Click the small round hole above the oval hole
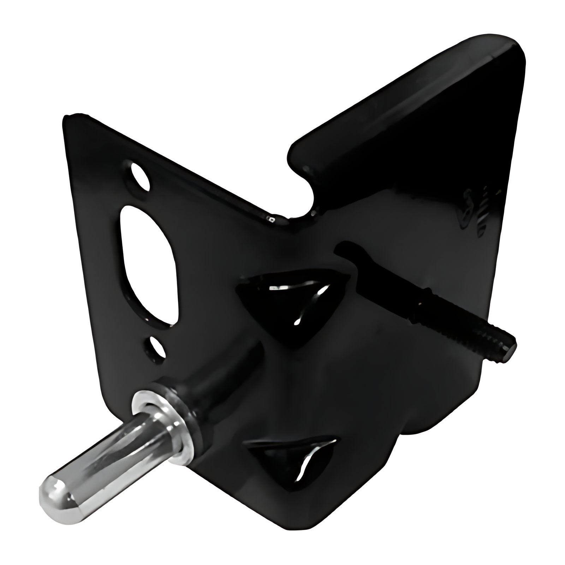point(140,176)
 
